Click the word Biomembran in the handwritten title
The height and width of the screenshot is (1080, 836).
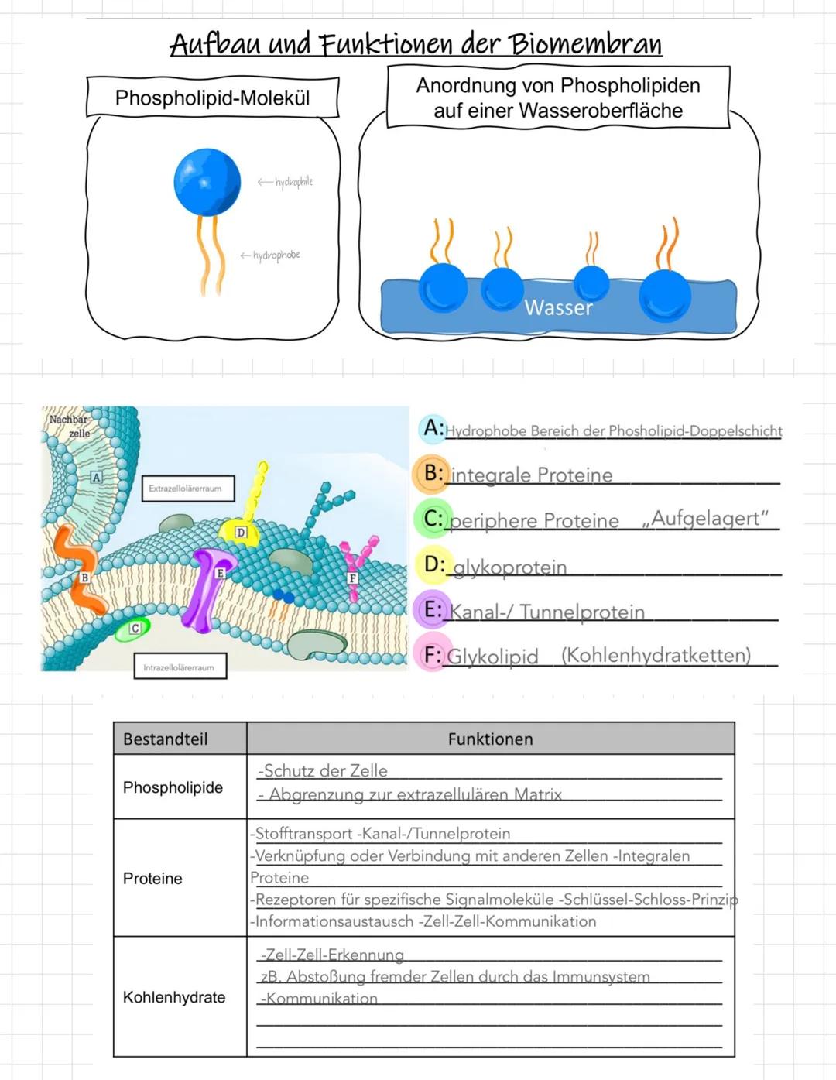584,44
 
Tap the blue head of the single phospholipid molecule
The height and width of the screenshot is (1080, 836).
207,182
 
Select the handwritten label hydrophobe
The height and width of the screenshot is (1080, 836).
276,255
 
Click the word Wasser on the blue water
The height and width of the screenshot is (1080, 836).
558,308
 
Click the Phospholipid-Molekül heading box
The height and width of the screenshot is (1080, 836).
212,98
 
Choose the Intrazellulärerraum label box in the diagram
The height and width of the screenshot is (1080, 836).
179,667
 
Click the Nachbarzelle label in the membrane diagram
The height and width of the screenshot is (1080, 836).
70,426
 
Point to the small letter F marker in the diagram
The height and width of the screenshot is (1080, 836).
352,578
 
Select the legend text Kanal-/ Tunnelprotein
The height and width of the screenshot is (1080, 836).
547,612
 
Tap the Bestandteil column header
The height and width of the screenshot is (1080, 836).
165,739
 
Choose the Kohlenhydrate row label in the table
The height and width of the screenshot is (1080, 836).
174,997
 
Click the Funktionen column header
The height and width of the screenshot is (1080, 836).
490,739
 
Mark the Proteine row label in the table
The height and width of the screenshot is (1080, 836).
152,879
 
